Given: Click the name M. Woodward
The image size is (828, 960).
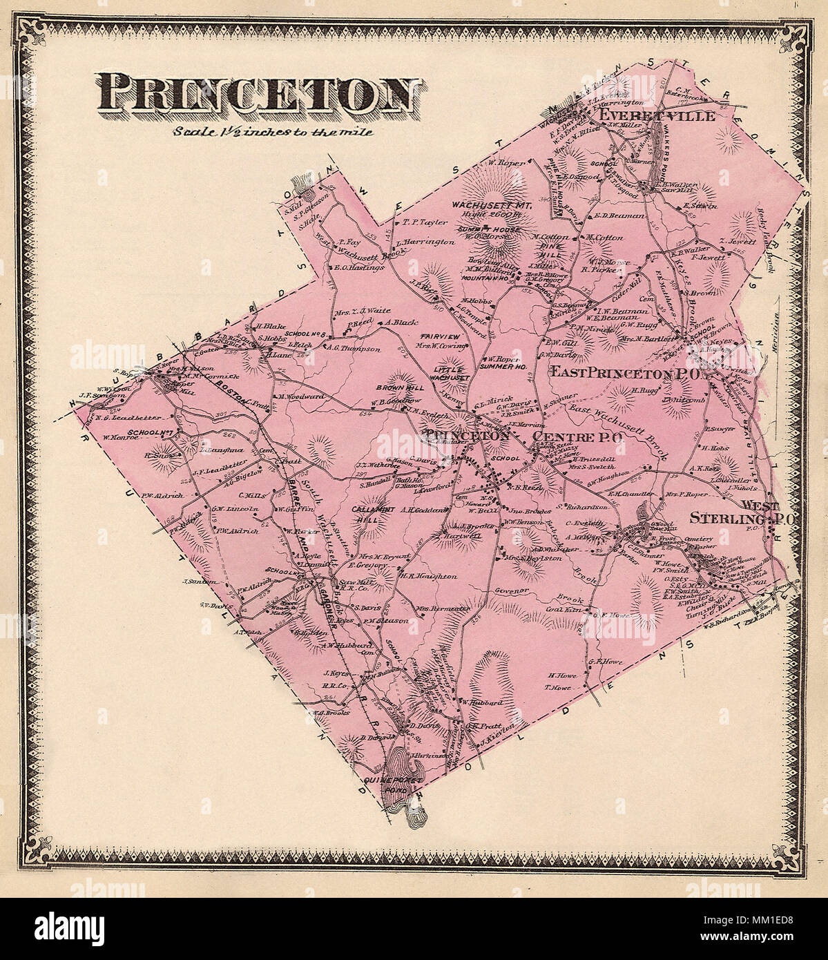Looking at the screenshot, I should (300, 397).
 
